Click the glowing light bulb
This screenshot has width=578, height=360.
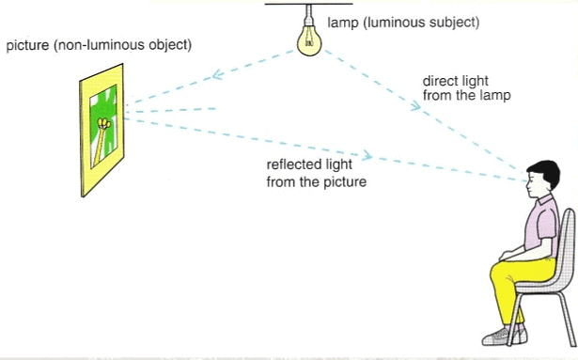308,39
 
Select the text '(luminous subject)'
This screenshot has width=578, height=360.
411,20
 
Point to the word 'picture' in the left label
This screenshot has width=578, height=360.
27,45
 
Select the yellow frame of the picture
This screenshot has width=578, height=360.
86,160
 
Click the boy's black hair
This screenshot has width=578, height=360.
540,171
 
